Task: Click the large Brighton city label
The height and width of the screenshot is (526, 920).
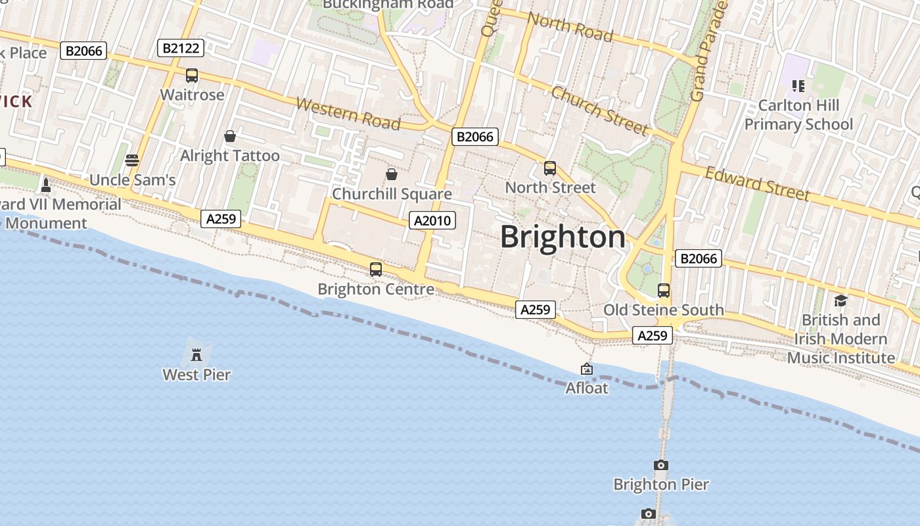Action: [563, 237]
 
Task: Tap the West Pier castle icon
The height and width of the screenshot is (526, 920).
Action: [196, 355]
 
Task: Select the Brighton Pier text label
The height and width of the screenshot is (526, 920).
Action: [660, 485]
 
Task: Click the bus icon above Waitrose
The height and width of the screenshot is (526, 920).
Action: [191, 76]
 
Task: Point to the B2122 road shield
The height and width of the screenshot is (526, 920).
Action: [181, 48]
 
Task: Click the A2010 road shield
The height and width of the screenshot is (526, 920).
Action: [432, 220]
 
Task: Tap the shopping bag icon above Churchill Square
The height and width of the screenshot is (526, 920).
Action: [391, 174]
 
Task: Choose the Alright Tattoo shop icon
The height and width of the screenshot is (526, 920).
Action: [230, 136]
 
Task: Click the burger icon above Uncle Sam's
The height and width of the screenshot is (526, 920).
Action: [132, 160]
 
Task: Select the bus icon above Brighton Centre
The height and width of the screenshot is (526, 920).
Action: [375, 269]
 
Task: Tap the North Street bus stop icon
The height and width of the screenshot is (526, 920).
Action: [550, 168]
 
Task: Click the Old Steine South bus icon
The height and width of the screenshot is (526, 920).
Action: [664, 290]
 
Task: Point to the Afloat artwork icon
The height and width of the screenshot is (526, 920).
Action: [587, 370]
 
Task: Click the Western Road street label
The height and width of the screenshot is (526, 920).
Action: [348, 114]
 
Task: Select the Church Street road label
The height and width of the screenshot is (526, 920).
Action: [599, 109]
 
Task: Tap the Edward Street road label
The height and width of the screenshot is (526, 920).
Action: [757, 183]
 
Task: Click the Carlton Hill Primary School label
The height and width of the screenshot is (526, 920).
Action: [798, 115]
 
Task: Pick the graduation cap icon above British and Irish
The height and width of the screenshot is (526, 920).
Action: [840, 300]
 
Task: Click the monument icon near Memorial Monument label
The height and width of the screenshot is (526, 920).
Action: [46, 185]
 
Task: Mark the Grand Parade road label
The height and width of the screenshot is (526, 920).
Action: [708, 51]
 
